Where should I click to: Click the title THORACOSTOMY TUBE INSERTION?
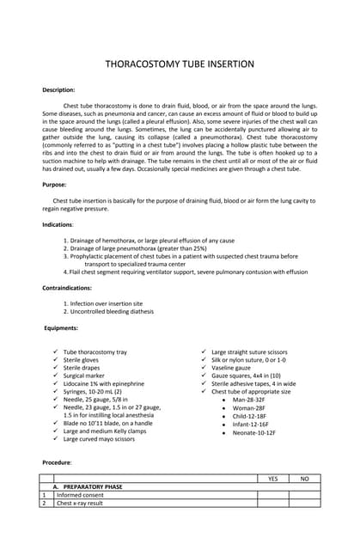click(180, 64)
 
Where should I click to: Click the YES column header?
click(272, 478)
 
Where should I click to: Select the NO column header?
click(304, 478)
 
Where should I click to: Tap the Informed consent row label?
click(80, 495)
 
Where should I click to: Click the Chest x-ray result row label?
click(84, 504)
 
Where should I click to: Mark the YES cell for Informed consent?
click(272, 495)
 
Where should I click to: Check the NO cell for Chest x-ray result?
click(304, 504)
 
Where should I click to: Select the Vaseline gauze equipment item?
click(231, 368)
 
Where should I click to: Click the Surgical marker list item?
click(84, 376)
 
